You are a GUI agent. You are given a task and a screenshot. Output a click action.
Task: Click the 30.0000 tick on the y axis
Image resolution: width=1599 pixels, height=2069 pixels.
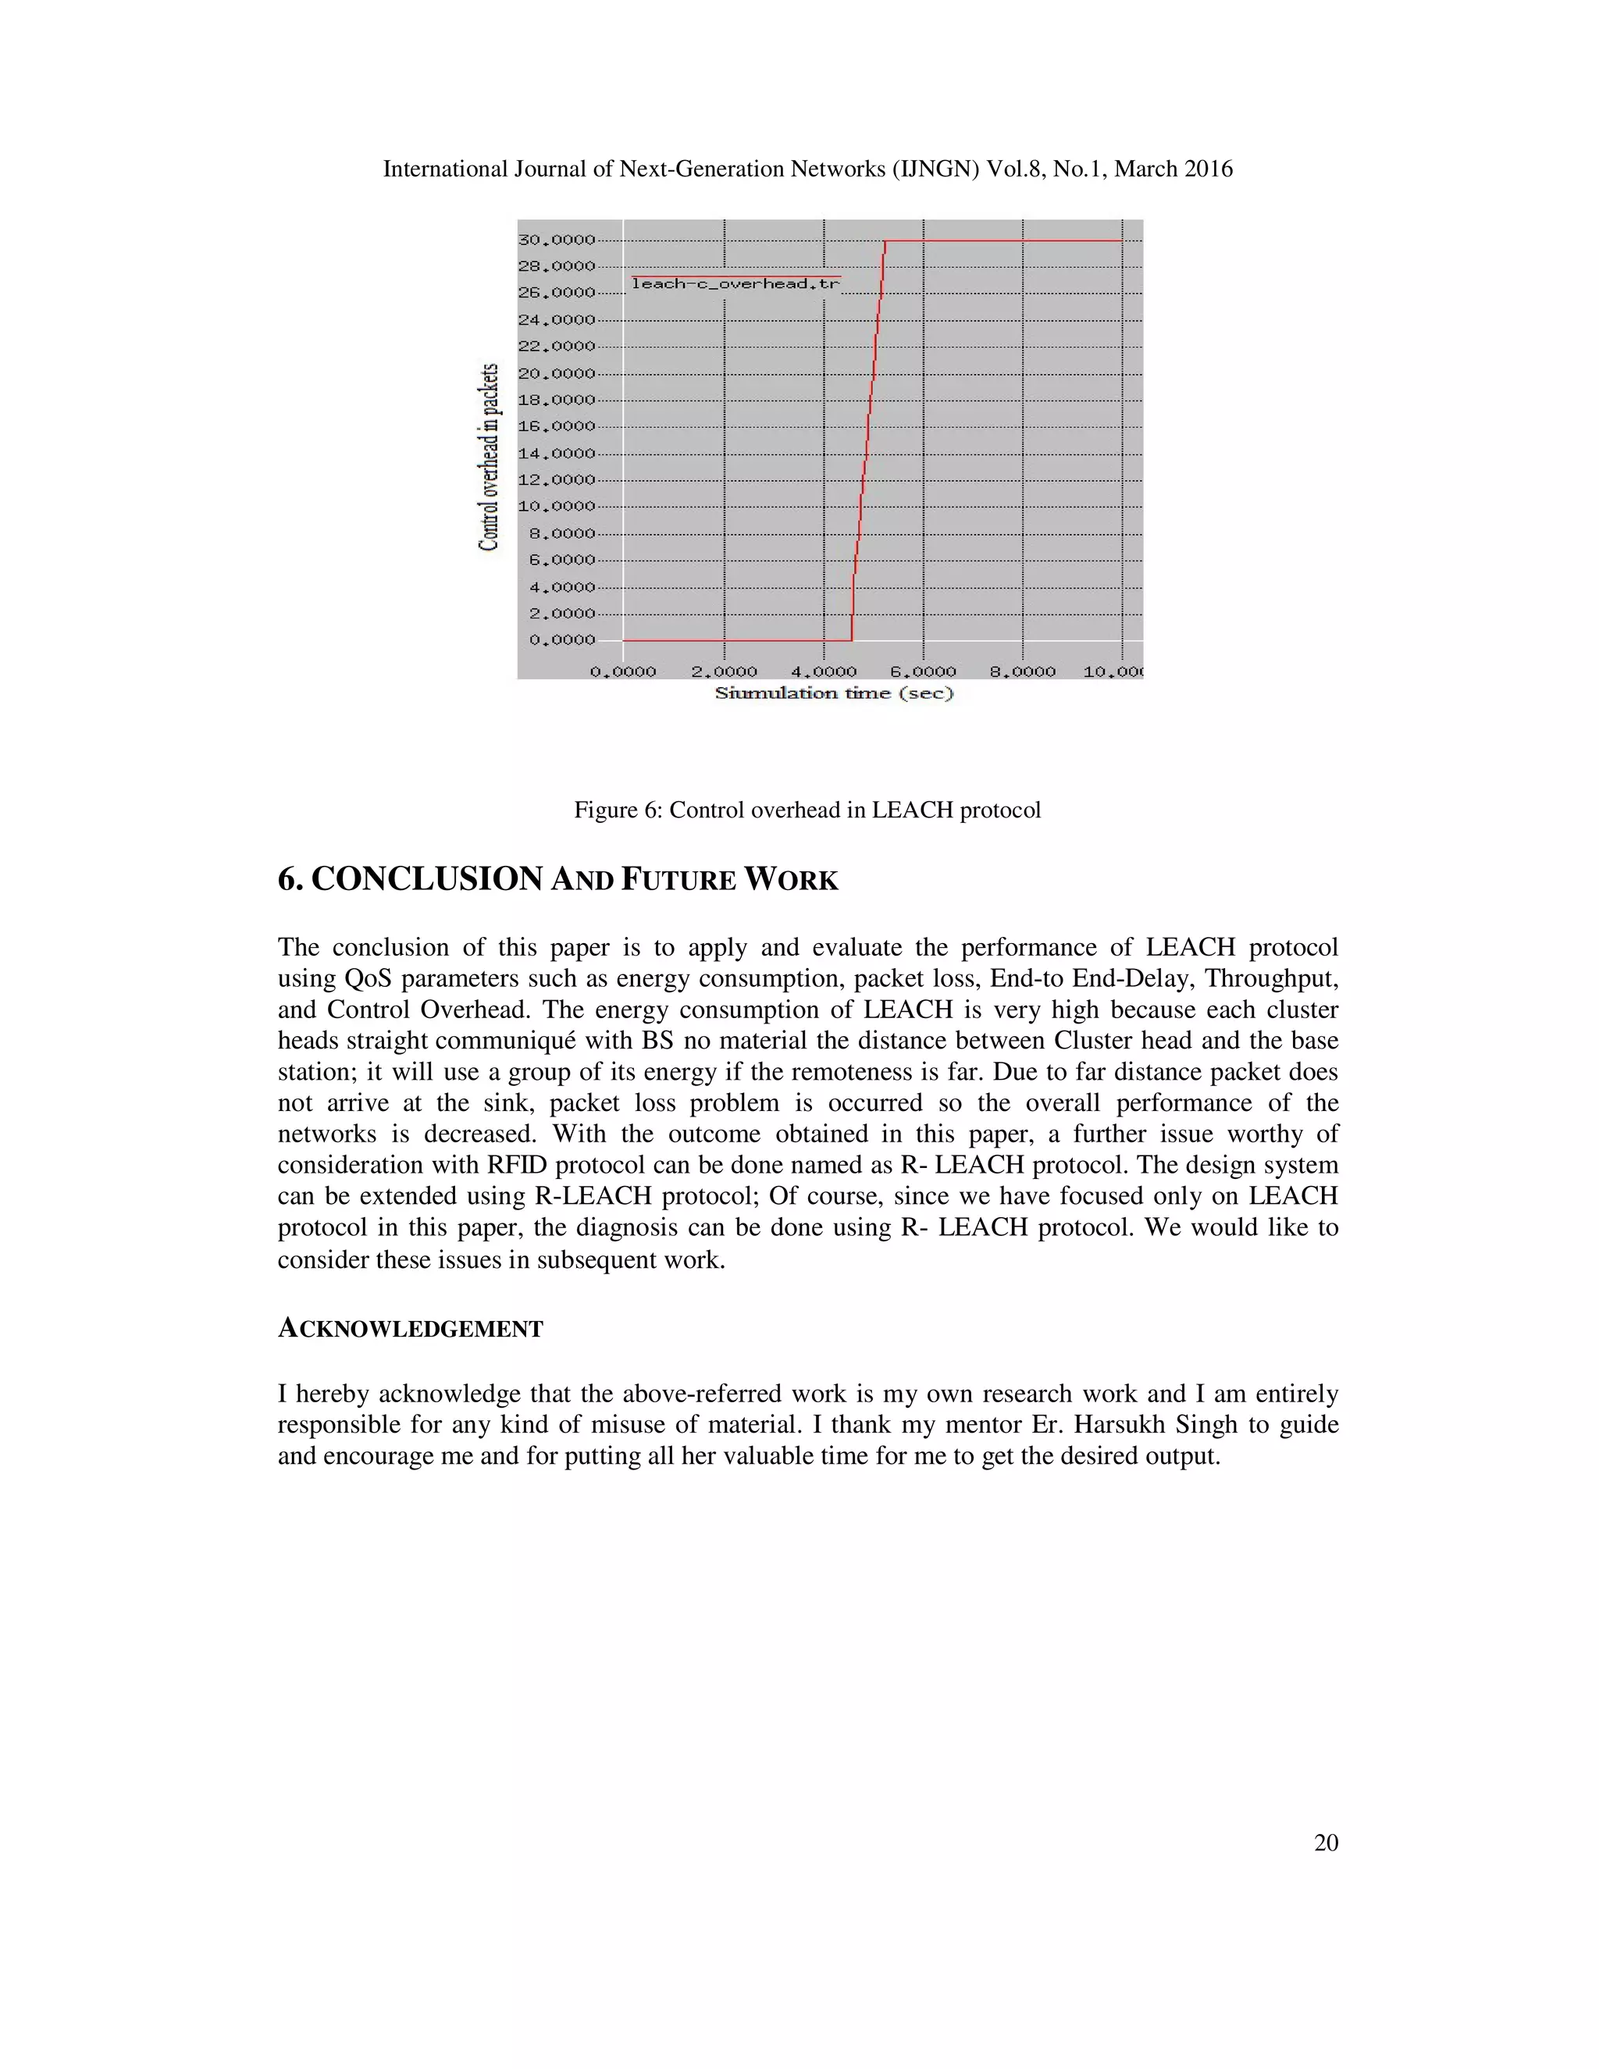click(x=556, y=240)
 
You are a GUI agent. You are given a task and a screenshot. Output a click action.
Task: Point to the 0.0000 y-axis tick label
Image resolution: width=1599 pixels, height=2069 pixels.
click(x=561, y=639)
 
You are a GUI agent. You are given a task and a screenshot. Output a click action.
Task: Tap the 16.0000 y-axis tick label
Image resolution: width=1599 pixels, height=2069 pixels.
click(x=556, y=426)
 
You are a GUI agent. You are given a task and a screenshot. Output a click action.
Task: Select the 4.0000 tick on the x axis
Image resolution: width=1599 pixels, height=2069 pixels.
click(x=823, y=671)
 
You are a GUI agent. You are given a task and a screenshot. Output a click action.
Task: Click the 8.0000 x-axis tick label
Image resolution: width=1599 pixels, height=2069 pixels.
click(x=1022, y=671)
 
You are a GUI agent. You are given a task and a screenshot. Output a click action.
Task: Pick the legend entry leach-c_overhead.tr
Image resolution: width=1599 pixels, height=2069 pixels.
click(x=735, y=283)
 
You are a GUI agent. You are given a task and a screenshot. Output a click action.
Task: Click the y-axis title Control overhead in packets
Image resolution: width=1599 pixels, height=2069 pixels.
click(x=489, y=457)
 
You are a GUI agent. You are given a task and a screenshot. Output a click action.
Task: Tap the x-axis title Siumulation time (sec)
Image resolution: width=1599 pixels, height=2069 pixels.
click(x=834, y=693)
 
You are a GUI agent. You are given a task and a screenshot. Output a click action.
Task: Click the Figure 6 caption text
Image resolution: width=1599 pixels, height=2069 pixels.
click(x=807, y=810)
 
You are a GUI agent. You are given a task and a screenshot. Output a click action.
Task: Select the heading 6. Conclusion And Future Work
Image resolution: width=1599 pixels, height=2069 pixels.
click(x=558, y=879)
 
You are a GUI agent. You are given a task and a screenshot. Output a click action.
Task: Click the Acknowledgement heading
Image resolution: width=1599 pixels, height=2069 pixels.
click(x=410, y=1329)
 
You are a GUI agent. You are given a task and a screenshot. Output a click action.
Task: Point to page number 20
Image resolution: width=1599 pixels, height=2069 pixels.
click(x=1325, y=1843)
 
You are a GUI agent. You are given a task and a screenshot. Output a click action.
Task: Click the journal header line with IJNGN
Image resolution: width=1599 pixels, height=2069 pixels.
click(x=807, y=169)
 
